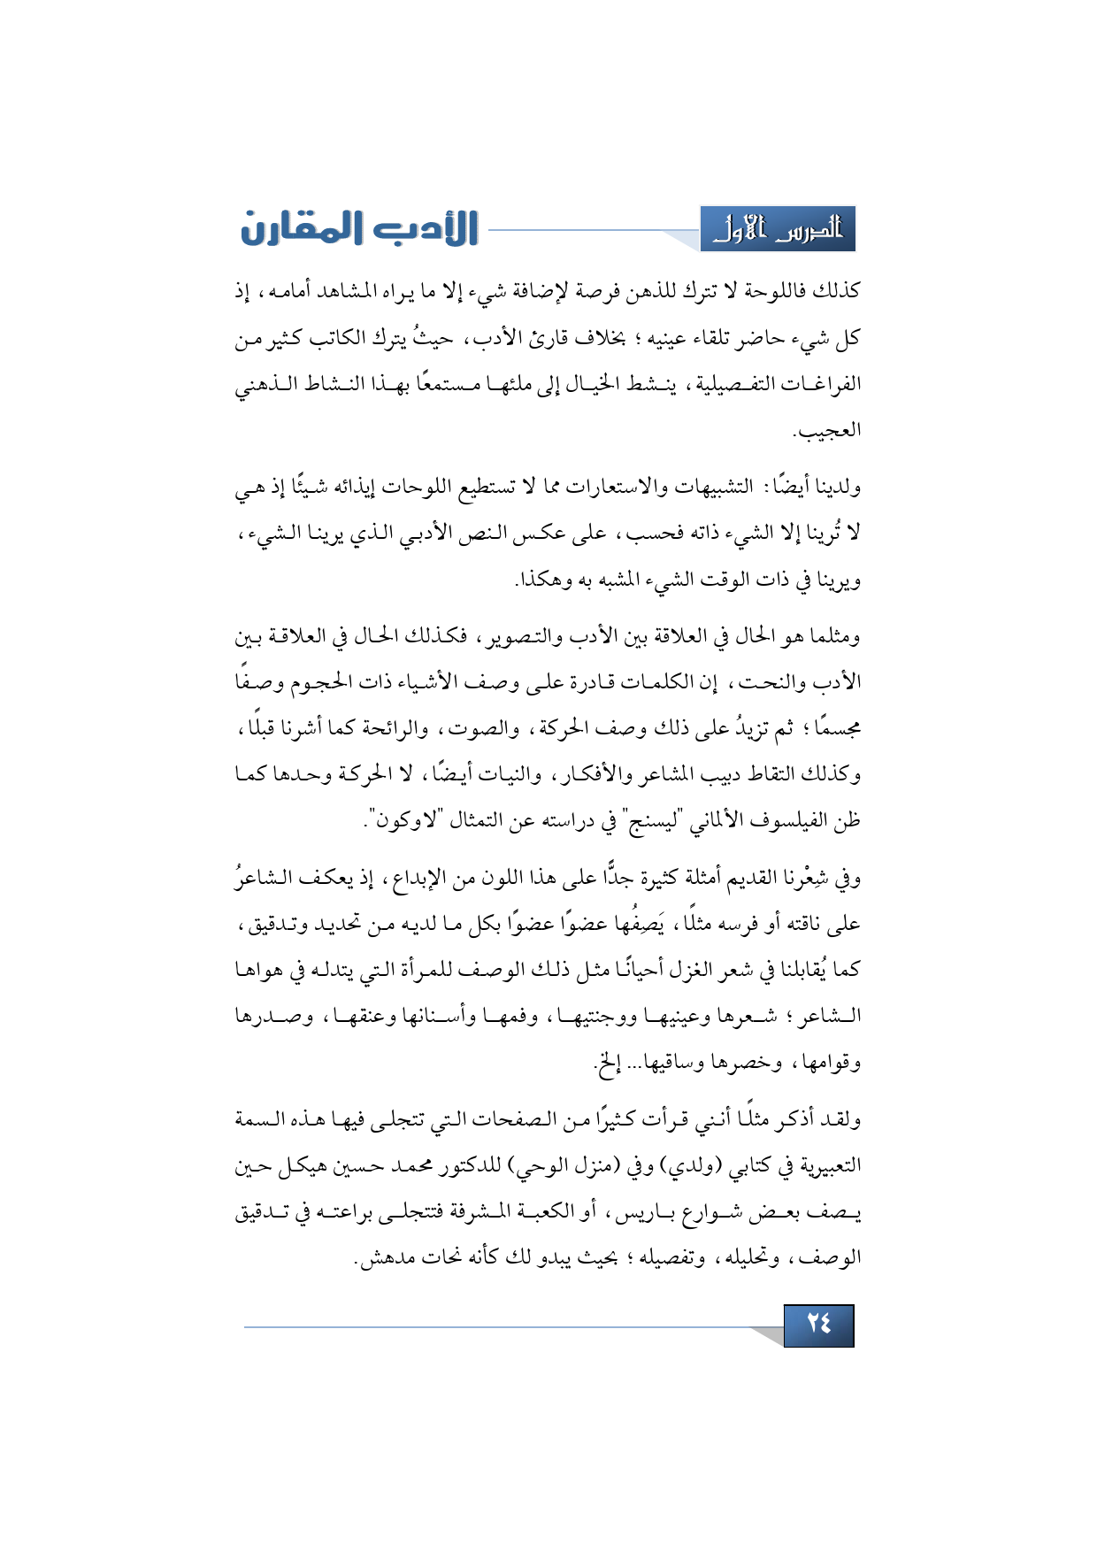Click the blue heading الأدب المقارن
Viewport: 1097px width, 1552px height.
tap(359, 228)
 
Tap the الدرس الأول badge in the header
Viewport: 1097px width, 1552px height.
tap(778, 230)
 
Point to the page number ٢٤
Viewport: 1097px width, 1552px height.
tap(818, 1325)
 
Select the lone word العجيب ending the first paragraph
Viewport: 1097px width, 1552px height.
tap(826, 431)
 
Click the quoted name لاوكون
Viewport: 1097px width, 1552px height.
tap(404, 820)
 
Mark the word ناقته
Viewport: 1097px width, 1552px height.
tap(797, 925)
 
